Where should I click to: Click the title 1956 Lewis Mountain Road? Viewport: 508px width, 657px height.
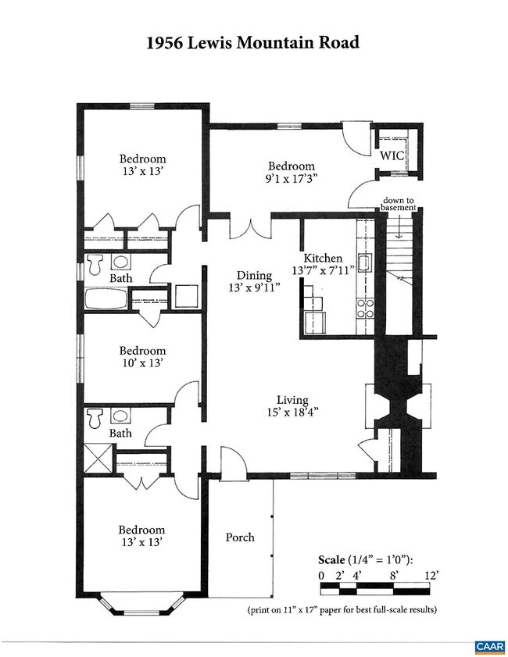pos(253,43)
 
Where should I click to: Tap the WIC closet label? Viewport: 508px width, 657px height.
pos(392,155)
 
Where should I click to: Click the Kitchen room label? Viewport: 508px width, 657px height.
pos(323,258)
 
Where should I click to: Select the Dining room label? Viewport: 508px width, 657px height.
pos(255,275)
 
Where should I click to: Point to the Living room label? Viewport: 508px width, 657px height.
pos(292,400)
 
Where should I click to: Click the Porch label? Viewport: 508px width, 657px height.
pos(240,537)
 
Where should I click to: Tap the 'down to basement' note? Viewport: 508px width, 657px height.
pos(398,204)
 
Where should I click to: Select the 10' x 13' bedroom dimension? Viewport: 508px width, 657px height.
pos(142,362)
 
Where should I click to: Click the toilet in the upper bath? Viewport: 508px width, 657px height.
pos(95,264)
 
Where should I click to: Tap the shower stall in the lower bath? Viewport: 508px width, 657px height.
pos(98,458)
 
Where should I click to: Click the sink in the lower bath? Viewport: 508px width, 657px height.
pos(120,416)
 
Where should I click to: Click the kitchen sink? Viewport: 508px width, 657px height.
pos(364,263)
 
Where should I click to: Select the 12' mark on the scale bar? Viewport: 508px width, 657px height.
pos(431,575)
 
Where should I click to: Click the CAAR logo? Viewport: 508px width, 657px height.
pos(490,647)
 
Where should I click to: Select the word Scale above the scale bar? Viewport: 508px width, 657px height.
pos(331,560)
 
